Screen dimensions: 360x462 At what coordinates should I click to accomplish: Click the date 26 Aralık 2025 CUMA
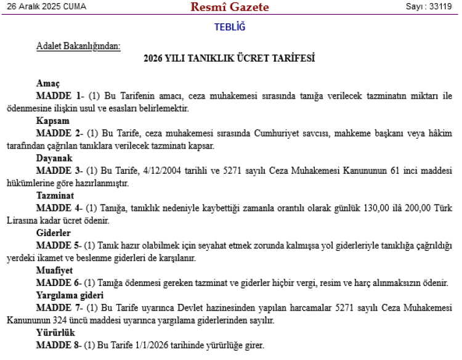(47, 7)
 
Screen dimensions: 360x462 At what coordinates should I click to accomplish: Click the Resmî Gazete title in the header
(230, 7)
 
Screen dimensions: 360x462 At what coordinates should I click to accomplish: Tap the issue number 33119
(437, 7)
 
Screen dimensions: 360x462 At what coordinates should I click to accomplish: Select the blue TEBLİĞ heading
(230, 27)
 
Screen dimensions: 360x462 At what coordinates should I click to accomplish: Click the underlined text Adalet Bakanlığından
(78, 46)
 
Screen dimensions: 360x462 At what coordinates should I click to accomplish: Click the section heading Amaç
(48, 83)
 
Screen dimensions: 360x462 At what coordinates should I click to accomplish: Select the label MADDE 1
(59, 96)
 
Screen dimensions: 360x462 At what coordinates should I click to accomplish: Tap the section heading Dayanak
(55, 158)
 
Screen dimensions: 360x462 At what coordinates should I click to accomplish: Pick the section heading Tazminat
(55, 195)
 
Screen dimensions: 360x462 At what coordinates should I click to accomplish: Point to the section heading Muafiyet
(55, 270)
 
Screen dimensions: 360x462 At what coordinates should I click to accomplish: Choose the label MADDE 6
(59, 283)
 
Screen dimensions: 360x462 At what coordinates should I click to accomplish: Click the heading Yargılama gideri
(70, 295)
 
